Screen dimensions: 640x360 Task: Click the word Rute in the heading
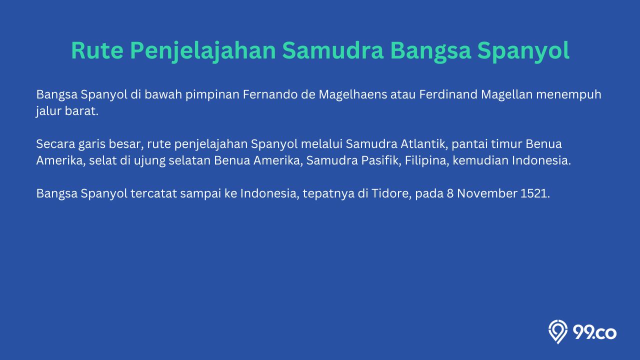click(x=97, y=50)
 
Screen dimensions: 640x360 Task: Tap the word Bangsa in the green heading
click(x=430, y=51)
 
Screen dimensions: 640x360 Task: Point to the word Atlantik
click(x=424, y=144)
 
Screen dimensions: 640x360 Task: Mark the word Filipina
click(x=427, y=161)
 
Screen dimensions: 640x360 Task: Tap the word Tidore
click(x=391, y=193)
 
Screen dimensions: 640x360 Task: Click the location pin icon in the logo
click(x=558, y=331)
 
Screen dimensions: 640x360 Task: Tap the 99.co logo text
click(x=594, y=333)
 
